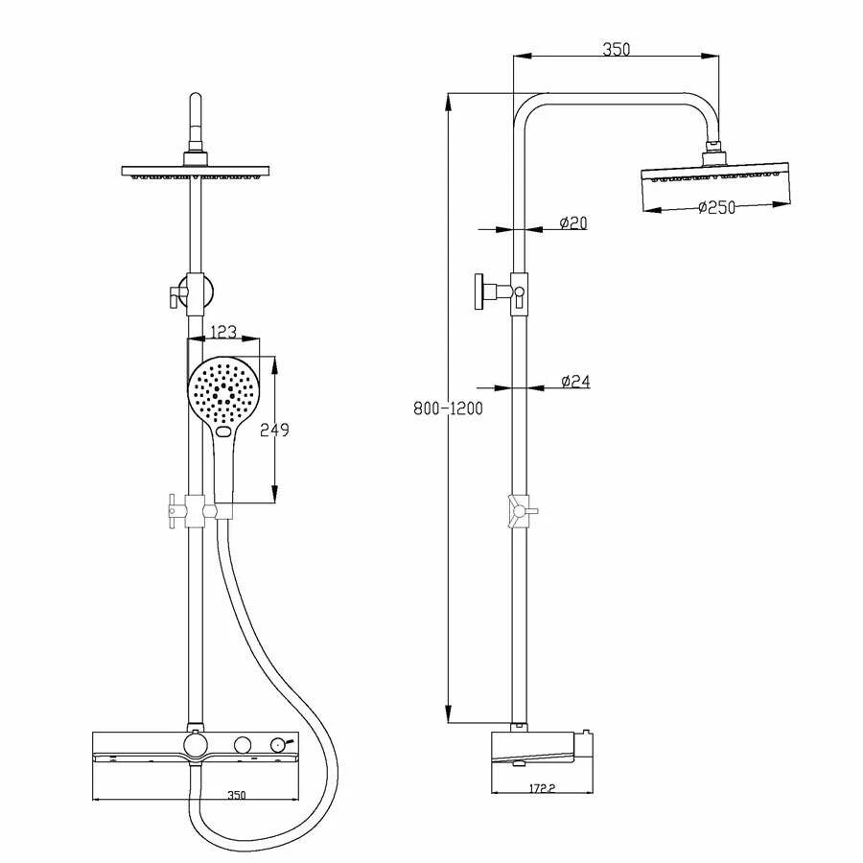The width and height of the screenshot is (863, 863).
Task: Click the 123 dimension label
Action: (224, 332)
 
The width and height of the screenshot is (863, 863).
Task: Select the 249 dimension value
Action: (274, 430)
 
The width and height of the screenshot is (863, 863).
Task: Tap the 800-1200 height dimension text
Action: (448, 408)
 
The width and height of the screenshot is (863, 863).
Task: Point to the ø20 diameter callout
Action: (573, 222)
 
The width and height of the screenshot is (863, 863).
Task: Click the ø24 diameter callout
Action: (575, 381)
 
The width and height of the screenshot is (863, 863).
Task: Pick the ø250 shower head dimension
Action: (716, 207)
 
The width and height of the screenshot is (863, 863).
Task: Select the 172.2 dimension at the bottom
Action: (542, 788)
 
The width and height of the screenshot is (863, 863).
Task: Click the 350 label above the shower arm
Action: (616, 49)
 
